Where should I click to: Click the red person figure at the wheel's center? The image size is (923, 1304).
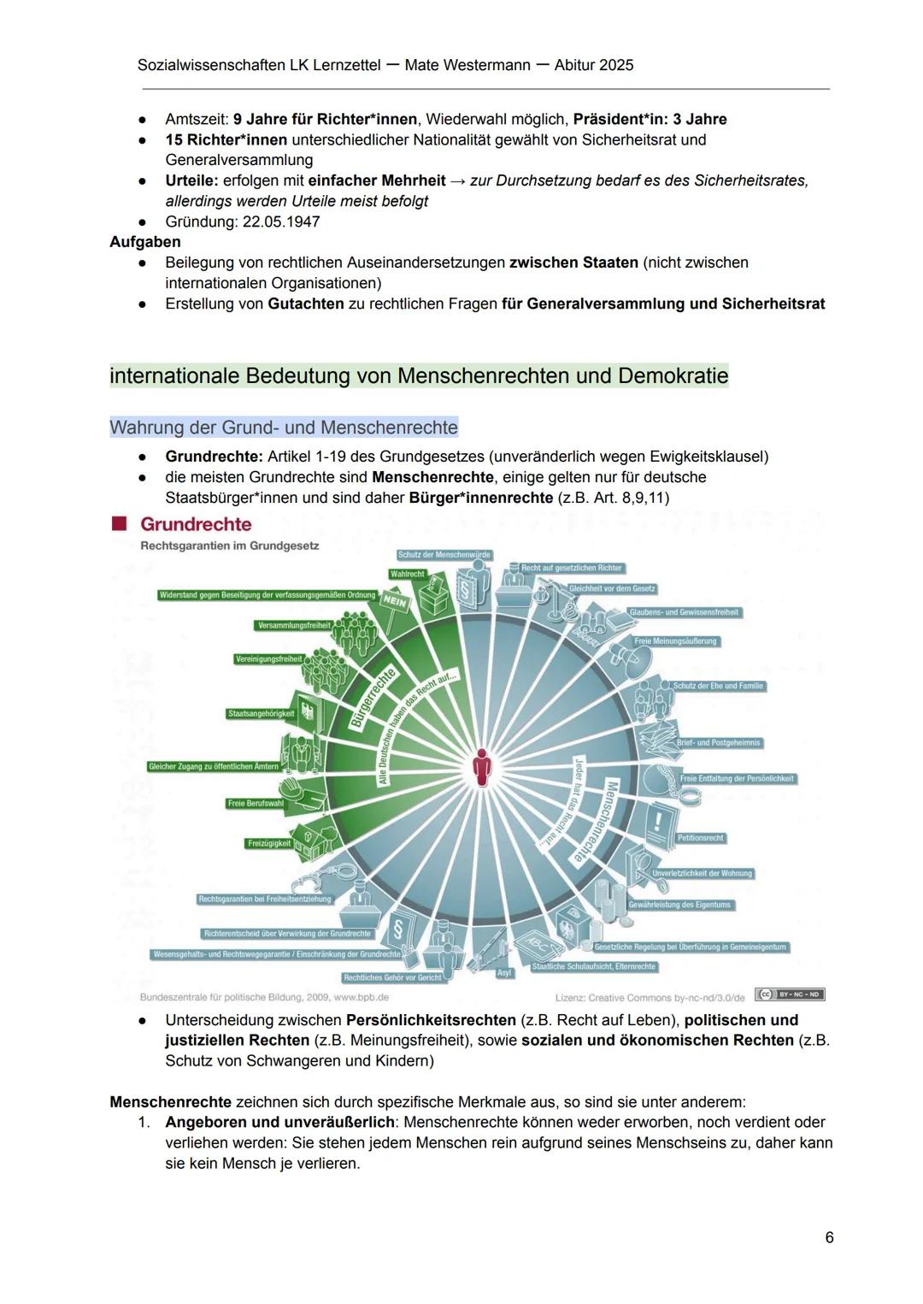click(483, 766)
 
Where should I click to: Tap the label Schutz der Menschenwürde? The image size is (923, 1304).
click(444, 555)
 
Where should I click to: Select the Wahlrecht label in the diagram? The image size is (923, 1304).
click(408, 574)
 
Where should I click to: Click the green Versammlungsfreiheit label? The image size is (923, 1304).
click(294, 626)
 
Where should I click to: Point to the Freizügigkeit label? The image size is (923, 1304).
click(268, 843)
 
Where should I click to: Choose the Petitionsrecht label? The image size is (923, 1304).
click(701, 838)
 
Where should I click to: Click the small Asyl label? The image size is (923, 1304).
click(505, 973)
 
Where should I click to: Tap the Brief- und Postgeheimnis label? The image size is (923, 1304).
click(718, 743)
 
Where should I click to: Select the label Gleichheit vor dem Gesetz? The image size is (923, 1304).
click(613, 589)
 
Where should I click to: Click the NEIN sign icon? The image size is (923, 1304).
click(394, 601)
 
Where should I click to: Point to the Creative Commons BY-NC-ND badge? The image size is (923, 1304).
click(789, 994)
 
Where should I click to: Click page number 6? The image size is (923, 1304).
click(829, 1237)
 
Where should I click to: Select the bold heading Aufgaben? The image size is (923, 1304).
click(145, 242)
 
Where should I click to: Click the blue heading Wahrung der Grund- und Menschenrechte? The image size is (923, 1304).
click(284, 427)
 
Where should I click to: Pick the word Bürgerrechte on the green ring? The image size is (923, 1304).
click(373, 697)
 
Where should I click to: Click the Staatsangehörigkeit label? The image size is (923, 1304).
click(261, 713)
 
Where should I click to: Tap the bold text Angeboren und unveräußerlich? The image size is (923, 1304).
click(280, 1122)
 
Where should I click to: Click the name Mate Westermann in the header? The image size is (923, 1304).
click(467, 65)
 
